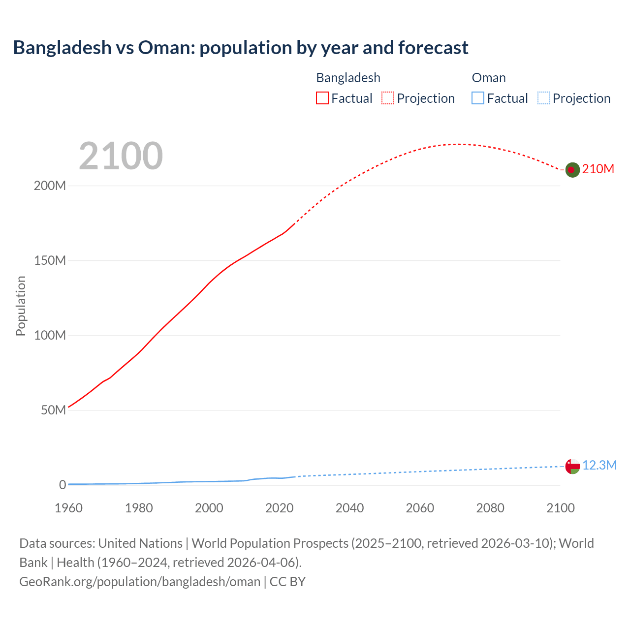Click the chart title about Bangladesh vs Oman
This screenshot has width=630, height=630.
click(240, 48)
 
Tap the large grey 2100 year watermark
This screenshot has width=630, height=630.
click(121, 156)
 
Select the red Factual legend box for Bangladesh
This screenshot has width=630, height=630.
click(322, 98)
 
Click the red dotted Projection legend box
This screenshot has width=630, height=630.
click(388, 98)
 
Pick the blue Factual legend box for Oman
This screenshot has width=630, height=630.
click(478, 98)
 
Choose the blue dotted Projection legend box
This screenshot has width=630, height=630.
click(544, 98)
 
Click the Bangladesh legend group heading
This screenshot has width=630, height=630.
click(348, 78)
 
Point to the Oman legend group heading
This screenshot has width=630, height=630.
click(489, 78)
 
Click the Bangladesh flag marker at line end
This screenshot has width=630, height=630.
click(572, 170)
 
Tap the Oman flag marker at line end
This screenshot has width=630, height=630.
click(572, 466)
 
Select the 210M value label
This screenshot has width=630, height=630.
click(598, 169)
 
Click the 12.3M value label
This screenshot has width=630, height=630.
click(599, 466)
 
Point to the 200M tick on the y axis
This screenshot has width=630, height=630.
click(50, 186)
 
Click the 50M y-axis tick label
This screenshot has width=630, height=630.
click(53, 410)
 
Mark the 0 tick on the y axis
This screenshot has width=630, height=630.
click(63, 485)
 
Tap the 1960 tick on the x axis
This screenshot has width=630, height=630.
click(68, 508)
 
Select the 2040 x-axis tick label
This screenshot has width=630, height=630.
click(349, 508)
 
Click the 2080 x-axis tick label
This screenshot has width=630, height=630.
click(490, 508)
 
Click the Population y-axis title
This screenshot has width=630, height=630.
click(21, 306)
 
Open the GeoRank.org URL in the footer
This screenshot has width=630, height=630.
click(140, 582)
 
